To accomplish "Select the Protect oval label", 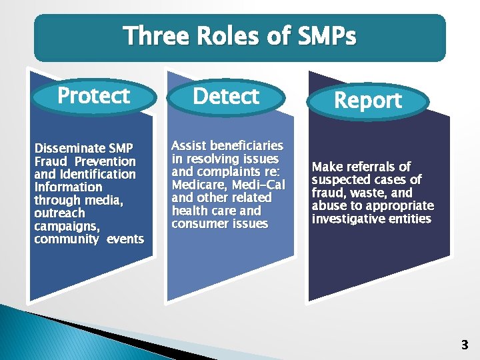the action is click(93, 96).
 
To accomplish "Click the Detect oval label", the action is click(226, 97).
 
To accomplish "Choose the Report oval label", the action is click(368, 101).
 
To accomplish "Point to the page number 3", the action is click(465, 345).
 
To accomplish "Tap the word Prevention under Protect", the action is click(105, 161).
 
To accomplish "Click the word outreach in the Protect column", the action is click(60, 213).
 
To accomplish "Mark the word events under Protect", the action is click(125, 239).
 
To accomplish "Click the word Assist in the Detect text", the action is click(189, 145).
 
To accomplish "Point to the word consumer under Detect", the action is click(198, 224).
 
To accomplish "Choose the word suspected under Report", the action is click(340, 180).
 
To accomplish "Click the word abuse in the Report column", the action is click(327, 206).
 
